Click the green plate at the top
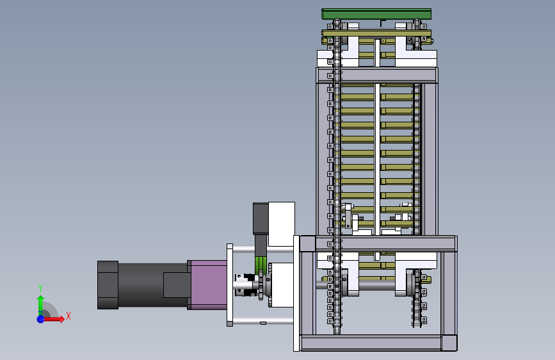coord(376,14)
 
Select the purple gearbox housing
coord(209,285)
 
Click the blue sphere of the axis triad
coord(41,319)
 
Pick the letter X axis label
coord(68,316)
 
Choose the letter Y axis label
coord(40,288)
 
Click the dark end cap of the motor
coord(108,285)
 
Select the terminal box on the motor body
coord(175,285)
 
